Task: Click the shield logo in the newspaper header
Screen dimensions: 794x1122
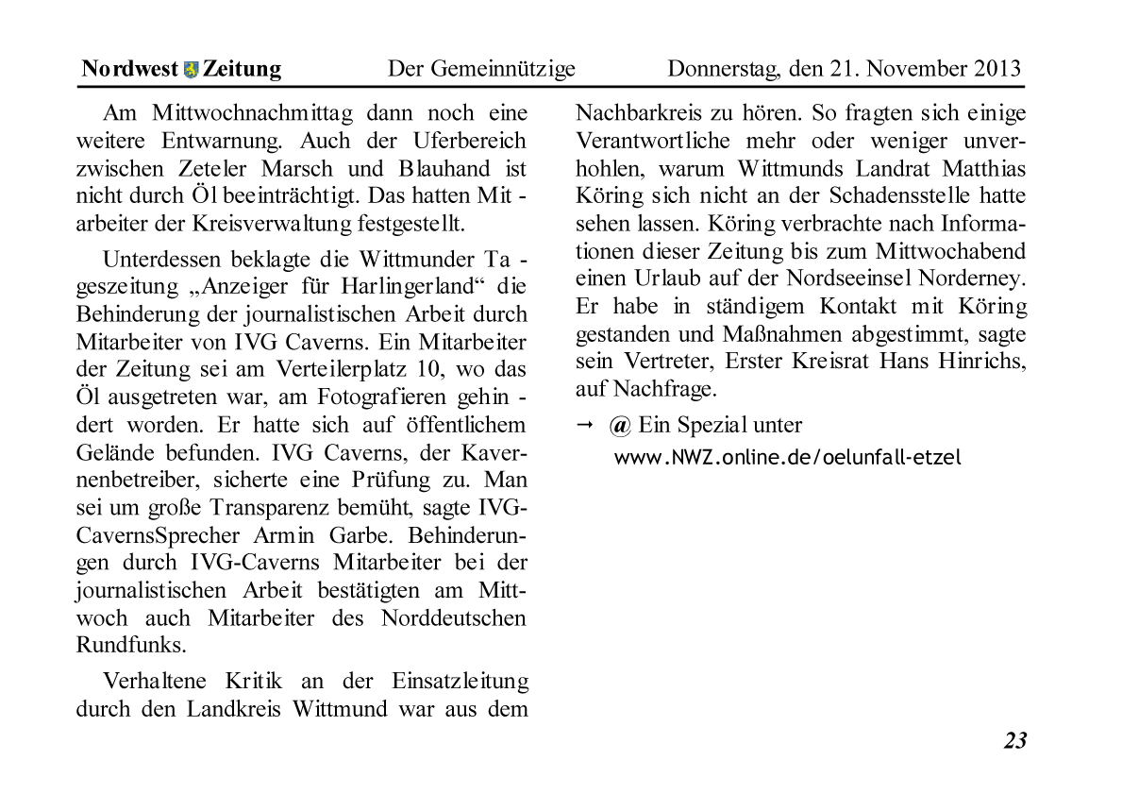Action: (191, 70)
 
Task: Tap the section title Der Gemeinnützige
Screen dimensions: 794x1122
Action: (481, 69)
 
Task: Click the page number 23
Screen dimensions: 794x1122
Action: (1014, 741)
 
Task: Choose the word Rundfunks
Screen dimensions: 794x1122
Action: (130, 646)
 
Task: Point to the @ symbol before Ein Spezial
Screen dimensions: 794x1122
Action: (620, 426)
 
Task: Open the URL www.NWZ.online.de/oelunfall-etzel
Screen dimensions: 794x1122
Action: (788, 458)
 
